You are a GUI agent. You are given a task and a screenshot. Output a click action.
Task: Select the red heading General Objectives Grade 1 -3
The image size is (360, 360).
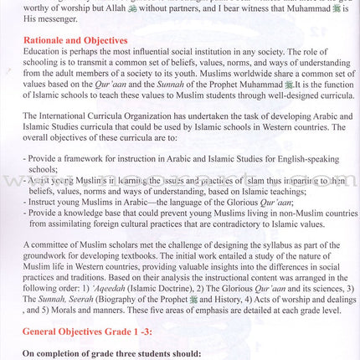click(x=85, y=332)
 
